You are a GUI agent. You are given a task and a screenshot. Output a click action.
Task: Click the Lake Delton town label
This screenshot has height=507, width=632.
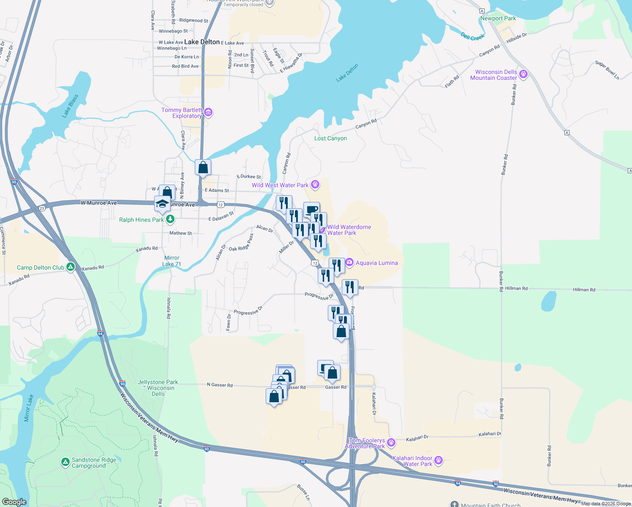click(202, 42)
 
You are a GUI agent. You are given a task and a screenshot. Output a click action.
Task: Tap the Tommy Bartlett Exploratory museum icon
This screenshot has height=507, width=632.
click(208, 112)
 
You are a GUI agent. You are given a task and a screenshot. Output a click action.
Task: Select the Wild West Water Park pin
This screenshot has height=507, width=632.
click(315, 185)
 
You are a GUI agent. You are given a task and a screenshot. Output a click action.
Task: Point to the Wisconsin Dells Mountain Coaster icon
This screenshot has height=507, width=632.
click(524, 74)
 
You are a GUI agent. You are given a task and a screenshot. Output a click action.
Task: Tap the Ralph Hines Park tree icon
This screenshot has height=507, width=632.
click(170, 219)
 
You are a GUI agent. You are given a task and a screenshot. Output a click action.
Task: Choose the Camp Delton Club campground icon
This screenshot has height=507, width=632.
click(71, 267)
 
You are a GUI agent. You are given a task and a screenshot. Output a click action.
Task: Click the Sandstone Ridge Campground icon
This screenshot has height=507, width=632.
click(65, 462)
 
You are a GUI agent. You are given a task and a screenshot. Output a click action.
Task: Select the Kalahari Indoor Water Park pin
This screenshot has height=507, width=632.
click(439, 460)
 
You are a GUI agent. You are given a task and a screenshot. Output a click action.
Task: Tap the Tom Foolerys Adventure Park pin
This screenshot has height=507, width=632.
click(391, 442)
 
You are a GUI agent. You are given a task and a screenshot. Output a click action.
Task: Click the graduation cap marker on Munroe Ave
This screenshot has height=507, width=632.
click(162, 204)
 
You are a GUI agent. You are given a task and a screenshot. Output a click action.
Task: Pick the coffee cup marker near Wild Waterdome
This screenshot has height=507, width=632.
click(311, 209)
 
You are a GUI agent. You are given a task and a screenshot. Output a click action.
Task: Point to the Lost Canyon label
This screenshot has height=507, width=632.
click(330, 138)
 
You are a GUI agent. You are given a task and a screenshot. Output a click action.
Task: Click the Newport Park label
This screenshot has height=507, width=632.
click(498, 18)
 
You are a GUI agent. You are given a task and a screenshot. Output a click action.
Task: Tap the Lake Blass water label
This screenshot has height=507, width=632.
click(70, 106)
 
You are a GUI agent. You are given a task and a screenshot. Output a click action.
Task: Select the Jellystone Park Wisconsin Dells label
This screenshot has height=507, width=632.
click(158, 388)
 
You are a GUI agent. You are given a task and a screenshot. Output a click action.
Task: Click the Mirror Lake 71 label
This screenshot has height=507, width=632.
click(172, 261)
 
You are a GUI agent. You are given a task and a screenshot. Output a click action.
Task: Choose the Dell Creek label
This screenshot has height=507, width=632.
click(472, 37)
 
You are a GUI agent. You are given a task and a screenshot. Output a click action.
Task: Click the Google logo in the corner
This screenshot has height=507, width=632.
click(14, 502)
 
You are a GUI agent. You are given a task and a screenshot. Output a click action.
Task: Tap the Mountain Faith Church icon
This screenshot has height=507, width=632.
click(454, 504)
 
